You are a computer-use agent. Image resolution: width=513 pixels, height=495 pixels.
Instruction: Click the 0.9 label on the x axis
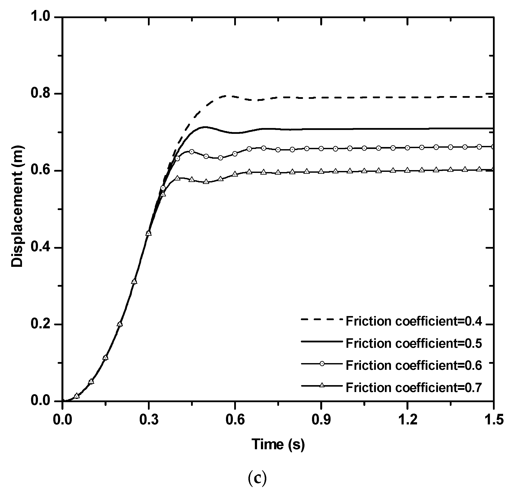pos(321,420)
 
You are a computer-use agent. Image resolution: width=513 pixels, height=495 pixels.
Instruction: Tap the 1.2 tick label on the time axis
pos(407,420)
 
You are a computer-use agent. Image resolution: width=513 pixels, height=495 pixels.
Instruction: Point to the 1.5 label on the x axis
pos(493,420)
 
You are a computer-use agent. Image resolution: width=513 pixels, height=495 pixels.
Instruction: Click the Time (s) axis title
pos(278,444)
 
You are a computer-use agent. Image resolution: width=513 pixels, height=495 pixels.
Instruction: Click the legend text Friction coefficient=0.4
pos(414,321)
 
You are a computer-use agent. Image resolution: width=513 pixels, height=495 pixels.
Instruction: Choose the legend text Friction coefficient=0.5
pos(414,343)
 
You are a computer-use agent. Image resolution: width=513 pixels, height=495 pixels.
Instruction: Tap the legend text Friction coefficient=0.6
pos(414,365)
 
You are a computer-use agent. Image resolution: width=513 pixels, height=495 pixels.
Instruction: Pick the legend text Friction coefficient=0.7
pos(414,387)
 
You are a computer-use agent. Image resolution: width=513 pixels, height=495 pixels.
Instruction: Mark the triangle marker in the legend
pos(322,386)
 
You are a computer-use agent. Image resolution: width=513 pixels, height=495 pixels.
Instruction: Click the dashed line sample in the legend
pos(322,319)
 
